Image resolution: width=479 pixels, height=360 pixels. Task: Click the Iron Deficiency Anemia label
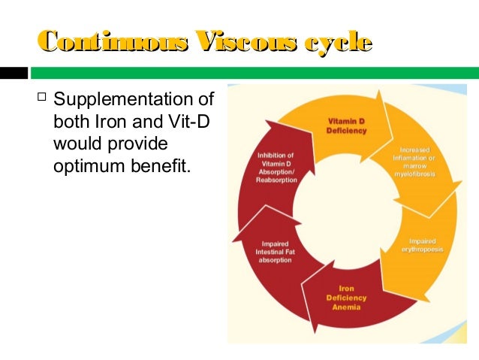[343, 297]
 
